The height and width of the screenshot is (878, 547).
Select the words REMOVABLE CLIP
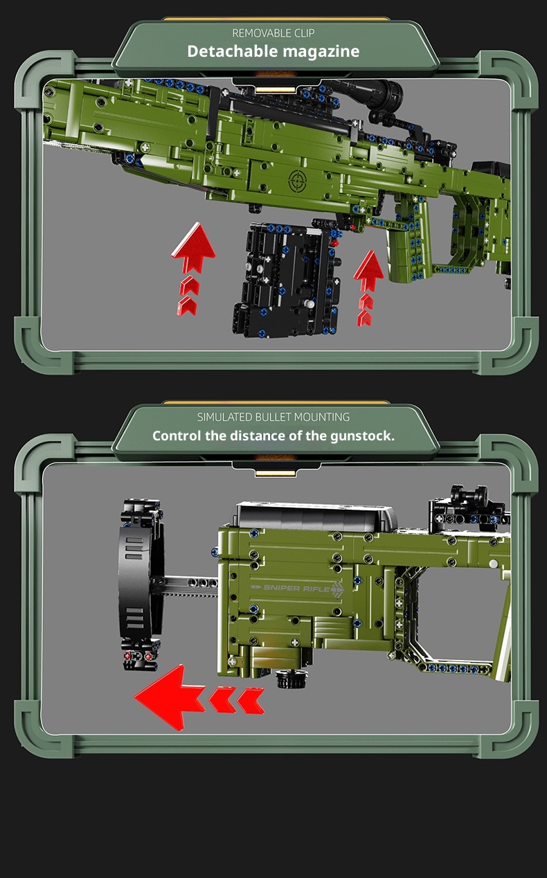click(x=273, y=33)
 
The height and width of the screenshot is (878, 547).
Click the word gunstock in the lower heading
click(x=361, y=436)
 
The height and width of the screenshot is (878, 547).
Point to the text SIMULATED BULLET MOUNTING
click(x=273, y=417)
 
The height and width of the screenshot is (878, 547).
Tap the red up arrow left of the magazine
click(x=192, y=269)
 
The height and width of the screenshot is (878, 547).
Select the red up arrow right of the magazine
click(x=368, y=288)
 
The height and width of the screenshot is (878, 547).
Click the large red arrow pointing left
click(x=199, y=697)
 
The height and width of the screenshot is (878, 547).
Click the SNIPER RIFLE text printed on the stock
click(x=298, y=588)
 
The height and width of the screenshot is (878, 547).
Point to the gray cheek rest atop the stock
click(x=316, y=517)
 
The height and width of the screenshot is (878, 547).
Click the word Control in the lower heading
click(x=177, y=436)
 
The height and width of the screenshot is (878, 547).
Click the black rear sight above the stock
click(x=469, y=506)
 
